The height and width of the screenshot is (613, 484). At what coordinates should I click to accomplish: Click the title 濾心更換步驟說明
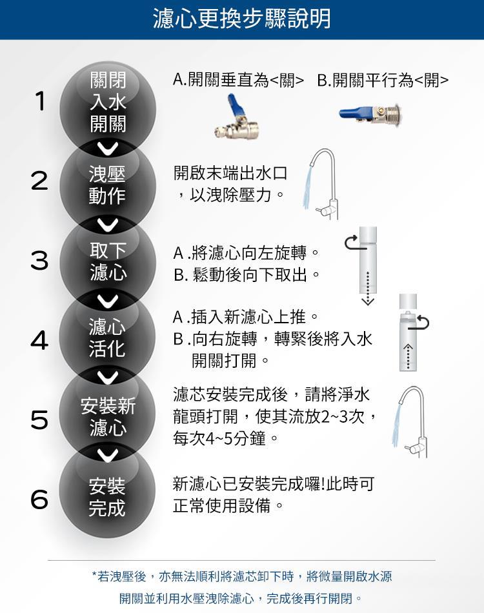click(x=241, y=18)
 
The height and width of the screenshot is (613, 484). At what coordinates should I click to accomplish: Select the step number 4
click(x=39, y=339)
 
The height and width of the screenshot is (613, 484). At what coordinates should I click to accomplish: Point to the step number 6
click(x=39, y=499)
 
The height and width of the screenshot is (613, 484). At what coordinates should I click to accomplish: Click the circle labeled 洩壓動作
click(x=108, y=185)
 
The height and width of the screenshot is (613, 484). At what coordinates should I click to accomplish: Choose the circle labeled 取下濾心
click(x=108, y=261)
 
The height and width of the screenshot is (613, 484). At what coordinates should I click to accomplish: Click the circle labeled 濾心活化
click(x=108, y=337)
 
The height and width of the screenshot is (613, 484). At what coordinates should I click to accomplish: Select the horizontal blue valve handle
click(x=354, y=114)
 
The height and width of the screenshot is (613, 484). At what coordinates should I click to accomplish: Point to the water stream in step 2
click(x=308, y=187)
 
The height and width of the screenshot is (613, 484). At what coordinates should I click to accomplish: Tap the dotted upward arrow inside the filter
click(x=408, y=356)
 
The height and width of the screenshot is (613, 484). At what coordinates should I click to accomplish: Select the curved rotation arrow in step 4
click(x=423, y=321)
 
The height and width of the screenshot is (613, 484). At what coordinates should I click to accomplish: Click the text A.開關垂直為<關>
click(x=238, y=81)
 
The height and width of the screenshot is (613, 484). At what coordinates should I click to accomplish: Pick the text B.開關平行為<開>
click(x=383, y=81)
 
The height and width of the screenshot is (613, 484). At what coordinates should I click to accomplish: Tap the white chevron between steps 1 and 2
click(x=108, y=148)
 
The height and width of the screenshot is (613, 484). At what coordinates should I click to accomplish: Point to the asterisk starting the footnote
click(x=94, y=574)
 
